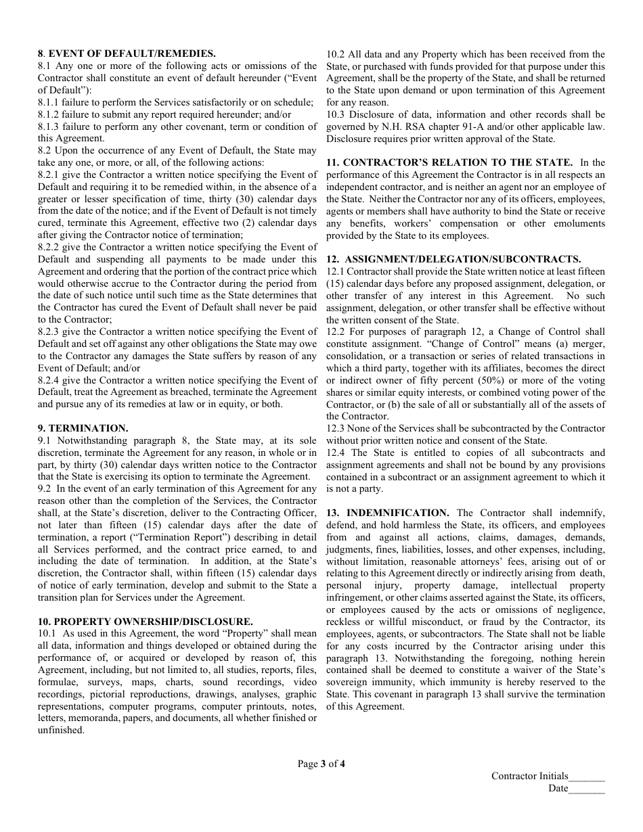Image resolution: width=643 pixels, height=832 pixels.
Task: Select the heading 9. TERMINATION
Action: pos(83,428)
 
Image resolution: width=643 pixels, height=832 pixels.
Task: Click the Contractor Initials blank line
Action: pos(587,777)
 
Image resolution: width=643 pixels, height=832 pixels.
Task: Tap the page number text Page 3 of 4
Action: pos(321,764)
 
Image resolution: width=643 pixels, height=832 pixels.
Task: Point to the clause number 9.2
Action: pos(45,488)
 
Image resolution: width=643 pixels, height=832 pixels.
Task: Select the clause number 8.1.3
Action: pos(49,126)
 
